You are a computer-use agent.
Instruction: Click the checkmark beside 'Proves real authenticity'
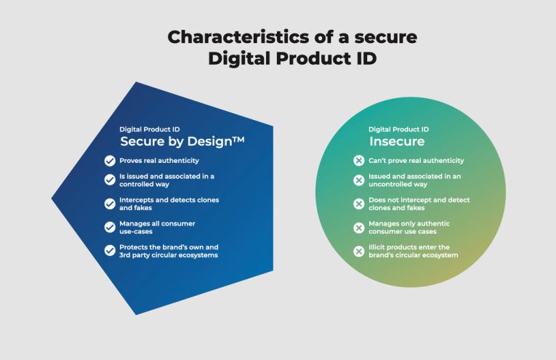[110, 161]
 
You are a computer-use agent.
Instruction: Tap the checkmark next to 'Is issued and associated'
[110, 180]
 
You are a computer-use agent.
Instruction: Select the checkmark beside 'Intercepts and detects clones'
[110, 204]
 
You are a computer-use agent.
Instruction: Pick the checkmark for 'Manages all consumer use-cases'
[110, 227]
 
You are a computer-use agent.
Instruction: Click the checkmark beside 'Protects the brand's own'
[110, 251]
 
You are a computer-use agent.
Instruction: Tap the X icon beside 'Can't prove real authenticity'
[358, 161]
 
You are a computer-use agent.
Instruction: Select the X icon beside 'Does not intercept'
[358, 204]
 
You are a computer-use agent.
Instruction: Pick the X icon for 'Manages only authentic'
[358, 228]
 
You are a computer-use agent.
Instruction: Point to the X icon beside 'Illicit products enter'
[358, 251]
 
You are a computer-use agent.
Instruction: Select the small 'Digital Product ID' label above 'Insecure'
[398, 129]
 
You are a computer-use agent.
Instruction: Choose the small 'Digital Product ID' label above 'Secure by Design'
[150, 129]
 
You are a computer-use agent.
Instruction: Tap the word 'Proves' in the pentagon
[131, 161]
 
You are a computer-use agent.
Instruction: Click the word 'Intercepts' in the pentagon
[137, 199]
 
